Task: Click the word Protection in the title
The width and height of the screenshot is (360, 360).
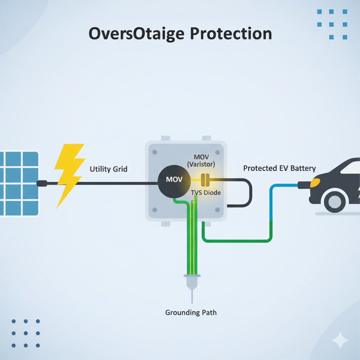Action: (x=231, y=34)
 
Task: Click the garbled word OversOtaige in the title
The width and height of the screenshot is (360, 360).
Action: (x=136, y=34)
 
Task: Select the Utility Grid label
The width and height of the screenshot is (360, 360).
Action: (x=109, y=169)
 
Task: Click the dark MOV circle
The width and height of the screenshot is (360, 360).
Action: (x=174, y=180)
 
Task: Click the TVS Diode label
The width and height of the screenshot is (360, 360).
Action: (x=206, y=193)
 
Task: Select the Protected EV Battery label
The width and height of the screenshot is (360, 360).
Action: (x=279, y=168)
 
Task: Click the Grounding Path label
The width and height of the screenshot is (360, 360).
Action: (x=191, y=312)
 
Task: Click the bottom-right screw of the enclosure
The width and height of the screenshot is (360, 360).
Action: (x=217, y=210)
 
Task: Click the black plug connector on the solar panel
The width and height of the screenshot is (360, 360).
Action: (x=42, y=183)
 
